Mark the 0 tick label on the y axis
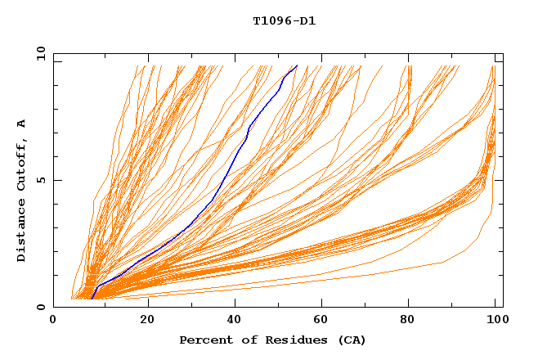tap(40, 307)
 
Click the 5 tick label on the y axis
tap(40, 180)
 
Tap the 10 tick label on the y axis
tap(40, 54)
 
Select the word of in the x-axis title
tap(244, 340)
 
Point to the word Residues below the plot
tap(290, 340)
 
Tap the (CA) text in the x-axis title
tap(349, 340)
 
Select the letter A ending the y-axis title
tap(22, 124)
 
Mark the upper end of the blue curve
tap(296, 66)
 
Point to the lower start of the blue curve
tap(92, 299)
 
